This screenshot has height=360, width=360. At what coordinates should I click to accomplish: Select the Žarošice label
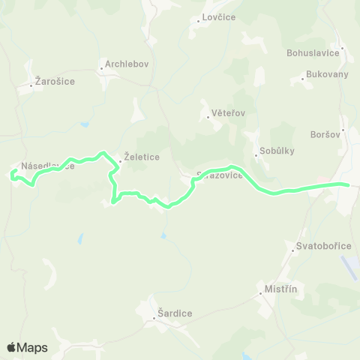click(55, 81)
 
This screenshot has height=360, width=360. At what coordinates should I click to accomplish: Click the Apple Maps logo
click(27, 347)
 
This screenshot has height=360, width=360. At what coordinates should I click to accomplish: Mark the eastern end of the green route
click(348, 184)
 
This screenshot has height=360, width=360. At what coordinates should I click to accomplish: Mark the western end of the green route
click(11, 175)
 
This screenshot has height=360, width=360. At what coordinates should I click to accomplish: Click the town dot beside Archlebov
click(101, 69)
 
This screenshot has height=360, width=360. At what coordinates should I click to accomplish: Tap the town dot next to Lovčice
click(198, 21)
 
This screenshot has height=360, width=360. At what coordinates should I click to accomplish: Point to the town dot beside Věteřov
click(208, 117)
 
